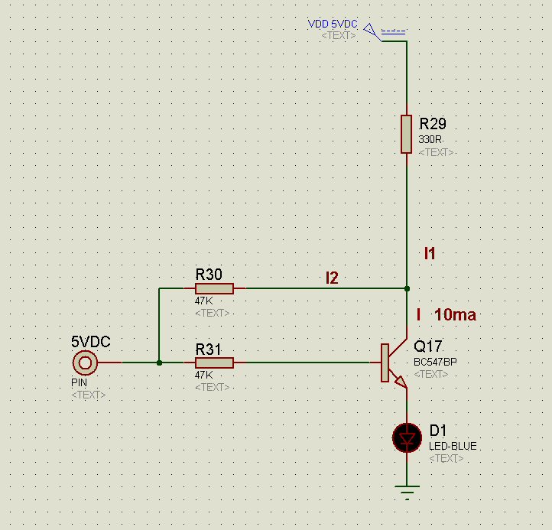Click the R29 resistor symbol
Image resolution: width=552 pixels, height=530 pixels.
[407, 134]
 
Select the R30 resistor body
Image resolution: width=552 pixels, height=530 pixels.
[214, 289]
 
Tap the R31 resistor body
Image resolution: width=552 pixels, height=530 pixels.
[214, 363]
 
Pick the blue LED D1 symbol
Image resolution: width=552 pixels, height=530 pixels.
[407, 437]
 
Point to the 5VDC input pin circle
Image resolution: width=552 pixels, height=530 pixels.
[85, 363]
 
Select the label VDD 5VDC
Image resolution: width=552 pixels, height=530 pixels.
[333, 24]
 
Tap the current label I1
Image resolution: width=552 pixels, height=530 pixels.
[430, 253]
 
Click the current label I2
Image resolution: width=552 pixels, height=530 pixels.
[332, 278]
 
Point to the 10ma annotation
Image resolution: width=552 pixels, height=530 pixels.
[454, 314]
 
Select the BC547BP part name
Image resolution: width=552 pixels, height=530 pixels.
[436, 361]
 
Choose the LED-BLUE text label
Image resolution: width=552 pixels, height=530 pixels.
[453, 446]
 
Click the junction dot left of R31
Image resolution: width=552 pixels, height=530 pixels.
[159, 363]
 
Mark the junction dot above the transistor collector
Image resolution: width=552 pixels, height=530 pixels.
[407, 289]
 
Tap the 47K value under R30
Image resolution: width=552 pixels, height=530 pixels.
[204, 301]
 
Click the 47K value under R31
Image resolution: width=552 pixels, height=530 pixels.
[204, 375]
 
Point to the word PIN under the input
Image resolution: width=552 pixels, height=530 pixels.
[80, 382]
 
